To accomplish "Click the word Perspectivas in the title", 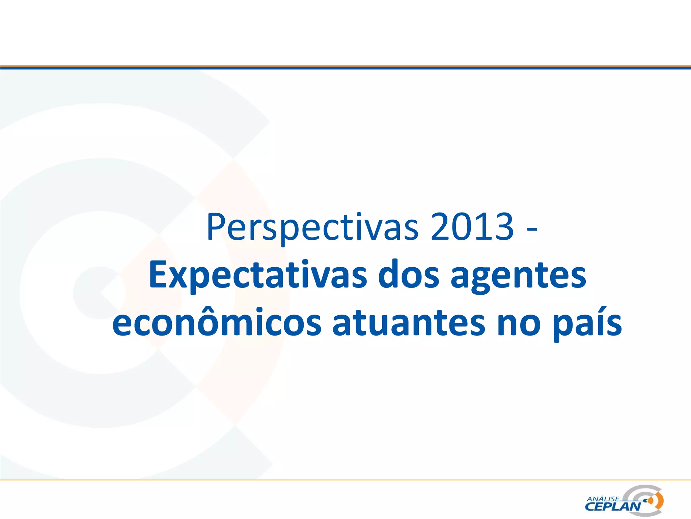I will pos(312,227).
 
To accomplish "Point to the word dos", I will pos(409,275).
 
